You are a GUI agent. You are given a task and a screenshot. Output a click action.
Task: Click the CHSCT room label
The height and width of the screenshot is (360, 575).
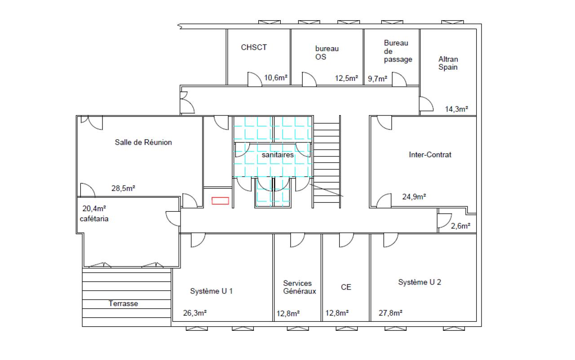(x=254, y=48)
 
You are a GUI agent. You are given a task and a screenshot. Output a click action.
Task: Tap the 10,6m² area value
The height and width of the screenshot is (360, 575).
(x=276, y=78)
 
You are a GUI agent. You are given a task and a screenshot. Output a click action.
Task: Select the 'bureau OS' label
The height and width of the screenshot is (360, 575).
(x=327, y=53)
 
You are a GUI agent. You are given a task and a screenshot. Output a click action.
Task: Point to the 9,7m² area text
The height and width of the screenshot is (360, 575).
(x=377, y=79)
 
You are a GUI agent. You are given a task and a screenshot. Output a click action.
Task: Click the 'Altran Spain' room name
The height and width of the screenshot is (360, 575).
(x=448, y=63)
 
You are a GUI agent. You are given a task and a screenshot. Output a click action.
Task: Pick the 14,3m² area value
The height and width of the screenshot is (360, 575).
(x=456, y=109)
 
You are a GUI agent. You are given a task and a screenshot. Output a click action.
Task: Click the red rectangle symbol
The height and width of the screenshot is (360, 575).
(x=220, y=200)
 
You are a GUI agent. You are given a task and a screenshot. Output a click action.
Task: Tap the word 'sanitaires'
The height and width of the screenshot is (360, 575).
(x=278, y=155)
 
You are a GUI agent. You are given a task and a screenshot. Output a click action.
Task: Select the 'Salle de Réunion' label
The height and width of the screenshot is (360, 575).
(x=143, y=142)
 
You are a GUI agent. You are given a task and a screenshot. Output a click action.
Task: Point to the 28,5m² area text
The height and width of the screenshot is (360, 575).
(x=123, y=188)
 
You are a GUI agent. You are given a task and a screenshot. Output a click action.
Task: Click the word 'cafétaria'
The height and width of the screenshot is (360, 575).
(x=94, y=219)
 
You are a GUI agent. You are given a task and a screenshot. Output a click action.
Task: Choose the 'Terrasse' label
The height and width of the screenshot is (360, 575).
(x=123, y=303)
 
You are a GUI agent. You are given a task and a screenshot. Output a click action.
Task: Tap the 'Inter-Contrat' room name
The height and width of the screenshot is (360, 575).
(x=430, y=155)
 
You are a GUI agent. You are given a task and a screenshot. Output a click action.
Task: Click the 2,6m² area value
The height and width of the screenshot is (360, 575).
(x=460, y=226)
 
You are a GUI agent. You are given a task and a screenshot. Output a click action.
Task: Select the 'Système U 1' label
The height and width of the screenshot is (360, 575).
(x=211, y=291)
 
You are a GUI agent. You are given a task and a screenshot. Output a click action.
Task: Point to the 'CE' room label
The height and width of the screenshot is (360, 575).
(x=346, y=287)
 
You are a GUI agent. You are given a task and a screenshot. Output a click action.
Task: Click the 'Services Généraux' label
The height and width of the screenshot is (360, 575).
(x=299, y=287)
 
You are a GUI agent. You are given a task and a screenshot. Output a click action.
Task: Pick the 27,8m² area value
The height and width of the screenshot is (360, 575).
(x=390, y=313)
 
